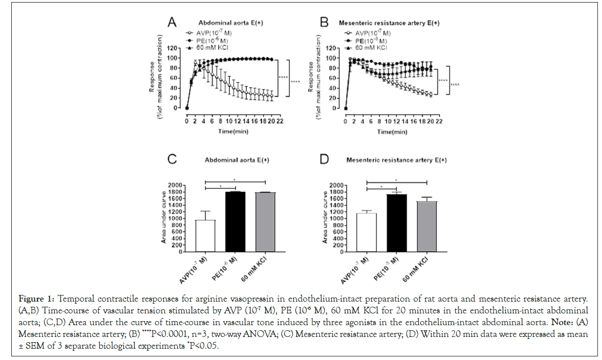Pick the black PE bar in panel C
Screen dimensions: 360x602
[235, 221]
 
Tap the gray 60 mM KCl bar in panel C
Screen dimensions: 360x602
[265, 222]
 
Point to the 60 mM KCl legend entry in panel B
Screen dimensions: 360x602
[365, 47]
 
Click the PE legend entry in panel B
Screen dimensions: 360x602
[365, 39]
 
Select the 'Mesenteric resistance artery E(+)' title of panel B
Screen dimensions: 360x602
[390, 23]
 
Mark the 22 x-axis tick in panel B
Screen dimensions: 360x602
[439, 122]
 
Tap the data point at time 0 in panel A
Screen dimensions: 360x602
[187, 108]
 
